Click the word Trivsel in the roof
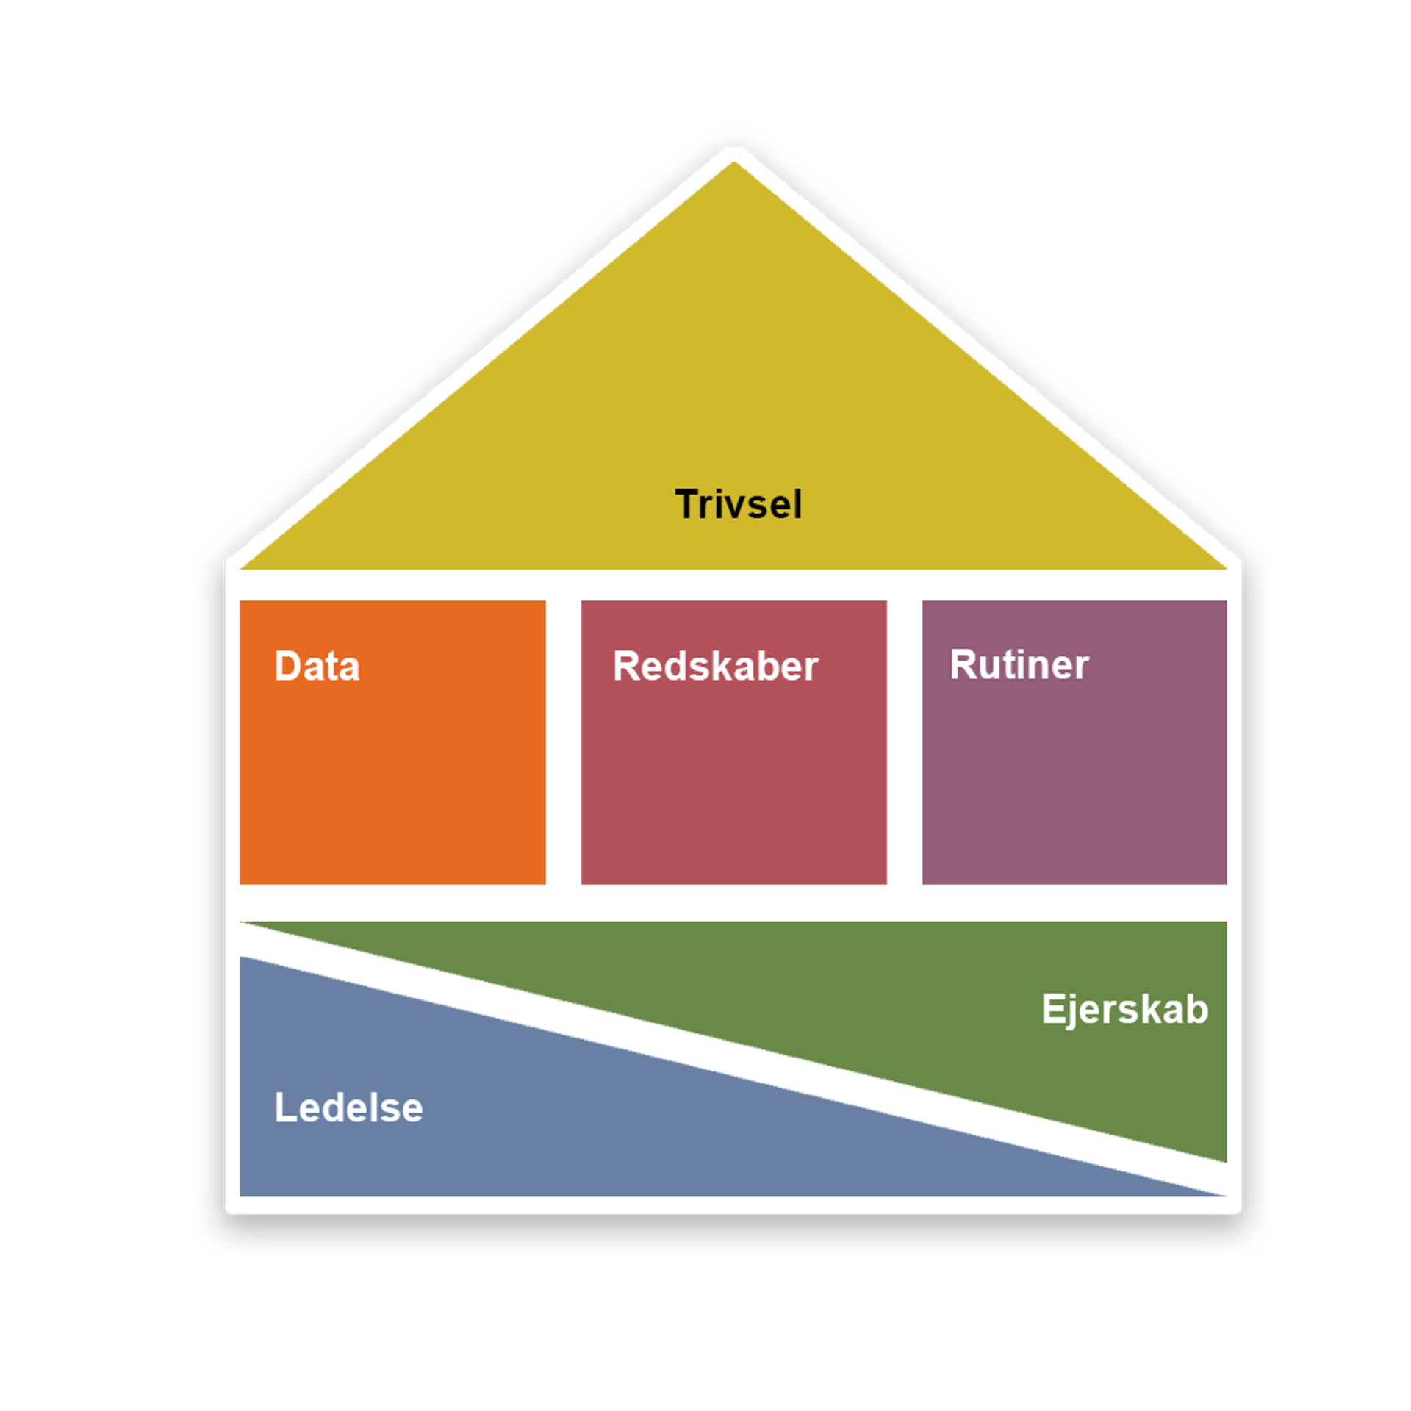[738, 505]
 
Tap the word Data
[317, 667]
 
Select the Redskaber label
[715, 667]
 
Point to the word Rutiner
[1019, 665]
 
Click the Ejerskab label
[1124, 1010]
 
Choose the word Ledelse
[348, 1108]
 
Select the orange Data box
[392, 779]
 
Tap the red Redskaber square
[733, 779]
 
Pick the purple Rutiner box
[1074, 779]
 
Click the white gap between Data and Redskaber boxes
[563, 742]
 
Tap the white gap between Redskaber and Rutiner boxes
[904, 742]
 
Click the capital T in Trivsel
[687, 504]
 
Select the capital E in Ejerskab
[1052, 1008]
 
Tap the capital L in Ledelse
[284, 1107]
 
